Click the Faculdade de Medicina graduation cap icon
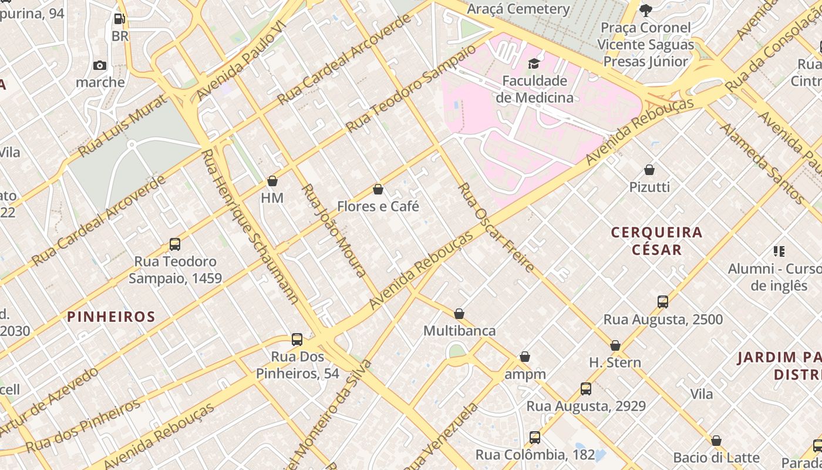pos(534,63)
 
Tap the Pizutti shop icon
pos(649,170)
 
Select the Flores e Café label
pos(378,206)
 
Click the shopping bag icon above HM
pos(272,181)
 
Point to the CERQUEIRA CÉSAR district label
pos(657,241)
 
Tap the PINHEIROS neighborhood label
pos(111,317)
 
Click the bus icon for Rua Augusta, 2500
pos(663,302)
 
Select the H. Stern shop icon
pos(615,345)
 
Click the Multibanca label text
pos(460,331)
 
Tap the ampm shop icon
pos(525,357)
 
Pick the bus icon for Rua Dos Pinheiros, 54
pos(297,340)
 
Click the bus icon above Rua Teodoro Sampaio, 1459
pos(175,244)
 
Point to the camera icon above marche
pos(100,65)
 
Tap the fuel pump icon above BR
pos(119,19)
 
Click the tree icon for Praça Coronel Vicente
pos(646,10)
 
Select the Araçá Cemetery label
pos(518,9)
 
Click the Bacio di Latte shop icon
pos(716,441)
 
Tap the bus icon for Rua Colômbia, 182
pos(535,438)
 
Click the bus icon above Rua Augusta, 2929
pos(586,389)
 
